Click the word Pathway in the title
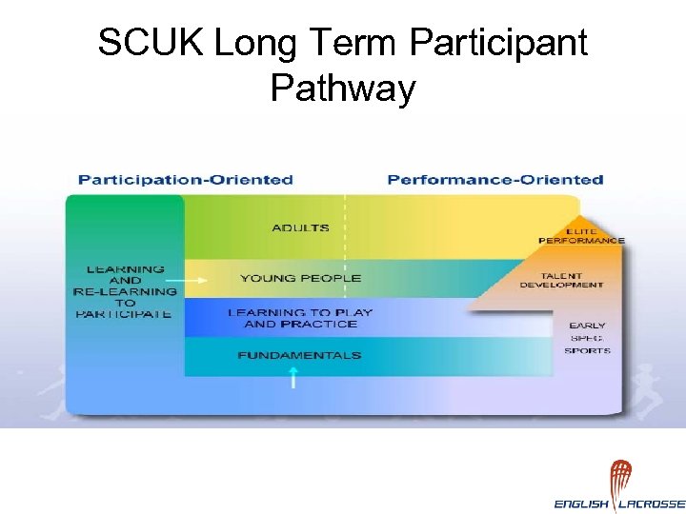[x=343, y=89]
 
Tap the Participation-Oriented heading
[x=185, y=179]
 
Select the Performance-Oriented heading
[x=495, y=179]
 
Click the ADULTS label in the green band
[x=300, y=228]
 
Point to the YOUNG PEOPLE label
[x=300, y=278]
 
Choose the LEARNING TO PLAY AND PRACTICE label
[x=300, y=318]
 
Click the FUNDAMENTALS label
[x=300, y=355]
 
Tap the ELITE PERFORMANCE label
[x=581, y=235]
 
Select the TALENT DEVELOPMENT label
[x=561, y=279]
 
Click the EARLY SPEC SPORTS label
[x=587, y=338]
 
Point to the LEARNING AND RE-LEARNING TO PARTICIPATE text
[x=125, y=291]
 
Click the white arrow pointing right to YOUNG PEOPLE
[x=195, y=280]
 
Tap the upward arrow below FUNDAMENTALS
[x=293, y=378]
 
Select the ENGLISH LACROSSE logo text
[x=619, y=504]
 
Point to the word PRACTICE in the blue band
[x=327, y=325]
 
